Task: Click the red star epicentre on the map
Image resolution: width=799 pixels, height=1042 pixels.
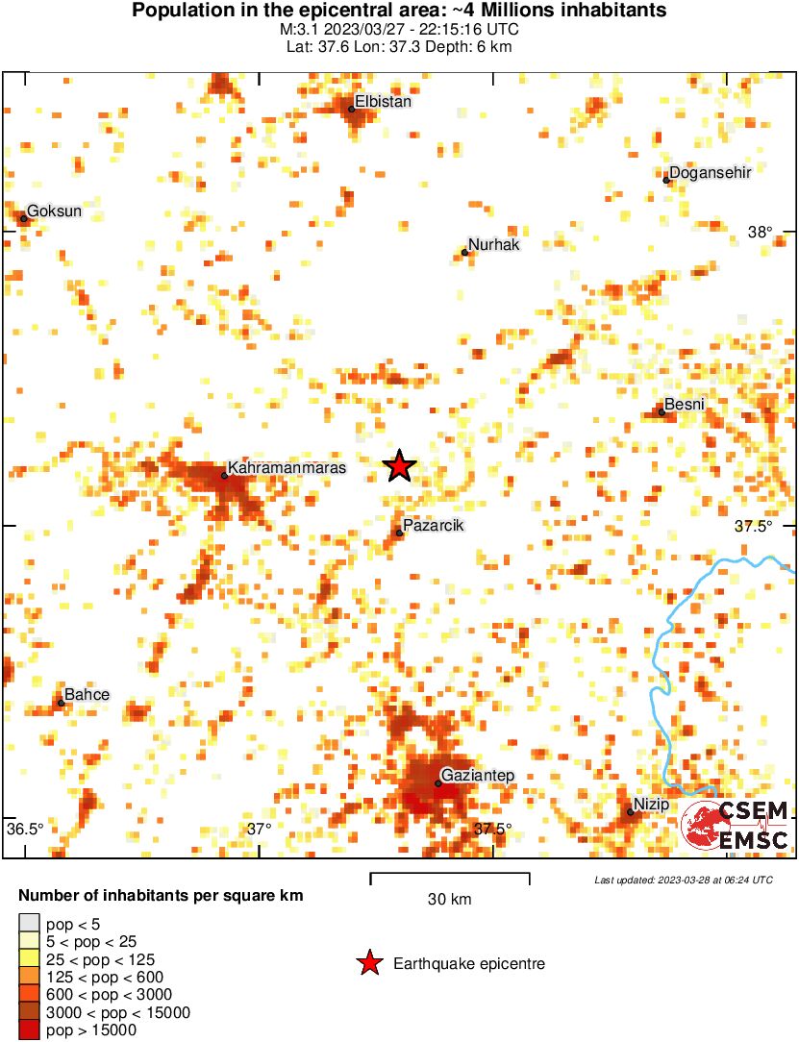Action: tap(400, 466)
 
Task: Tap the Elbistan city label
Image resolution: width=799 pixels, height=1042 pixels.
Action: tap(384, 101)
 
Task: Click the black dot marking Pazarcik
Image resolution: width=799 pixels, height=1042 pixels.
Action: tap(399, 533)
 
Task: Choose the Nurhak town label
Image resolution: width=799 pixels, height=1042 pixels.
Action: tap(493, 245)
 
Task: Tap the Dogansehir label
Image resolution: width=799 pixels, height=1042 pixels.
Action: tap(710, 172)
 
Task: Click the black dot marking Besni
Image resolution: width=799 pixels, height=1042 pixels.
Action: tap(662, 411)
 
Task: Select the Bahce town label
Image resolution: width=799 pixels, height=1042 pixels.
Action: tap(87, 695)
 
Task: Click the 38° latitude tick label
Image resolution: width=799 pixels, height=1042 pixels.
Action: tap(761, 232)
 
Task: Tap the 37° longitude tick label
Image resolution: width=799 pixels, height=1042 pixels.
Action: tap(259, 829)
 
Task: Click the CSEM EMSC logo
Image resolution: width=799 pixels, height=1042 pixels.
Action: tap(735, 825)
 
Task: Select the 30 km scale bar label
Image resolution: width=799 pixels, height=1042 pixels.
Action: tap(449, 900)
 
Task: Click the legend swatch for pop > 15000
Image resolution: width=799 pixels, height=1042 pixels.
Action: tap(29, 1029)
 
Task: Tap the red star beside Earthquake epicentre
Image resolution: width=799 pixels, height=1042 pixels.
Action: tap(368, 963)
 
